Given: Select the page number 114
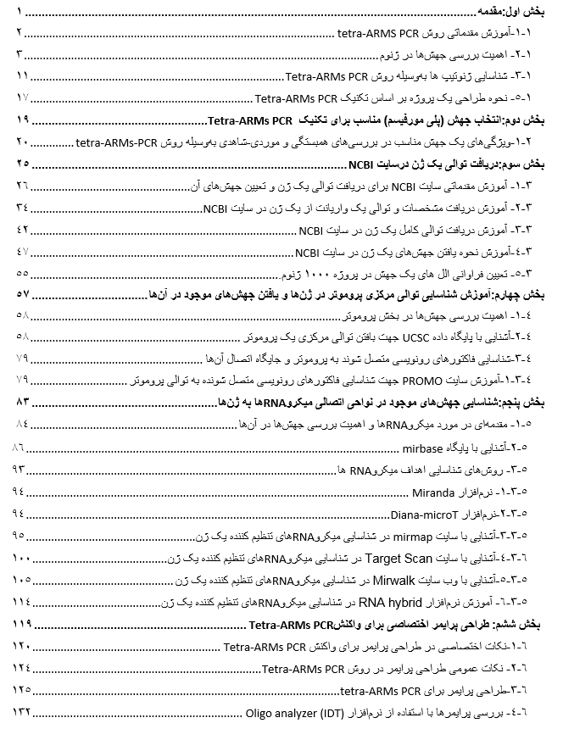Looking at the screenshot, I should tap(20, 604).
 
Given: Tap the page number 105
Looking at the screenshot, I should tap(20, 581).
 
